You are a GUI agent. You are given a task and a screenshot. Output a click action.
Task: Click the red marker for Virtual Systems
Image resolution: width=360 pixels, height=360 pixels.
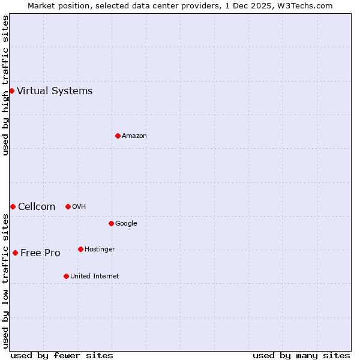[x=11, y=91]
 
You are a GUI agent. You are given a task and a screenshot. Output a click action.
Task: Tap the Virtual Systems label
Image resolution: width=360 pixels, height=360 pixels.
[x=55, y=91]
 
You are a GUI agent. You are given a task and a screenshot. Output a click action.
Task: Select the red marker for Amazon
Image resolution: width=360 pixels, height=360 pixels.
[x=118, y=136]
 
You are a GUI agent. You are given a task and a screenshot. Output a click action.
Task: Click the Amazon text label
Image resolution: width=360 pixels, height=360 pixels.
[x=134, y=136]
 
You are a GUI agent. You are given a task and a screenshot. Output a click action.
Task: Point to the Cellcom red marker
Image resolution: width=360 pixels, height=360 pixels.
[x=13, y=207]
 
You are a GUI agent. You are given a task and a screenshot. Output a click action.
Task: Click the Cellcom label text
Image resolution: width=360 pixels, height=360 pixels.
[x=37, y=207]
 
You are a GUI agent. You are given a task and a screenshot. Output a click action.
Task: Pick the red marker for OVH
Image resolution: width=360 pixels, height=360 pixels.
[x=68, y=207]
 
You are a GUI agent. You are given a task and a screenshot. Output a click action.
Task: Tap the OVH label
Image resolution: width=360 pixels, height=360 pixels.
[x=79, y=207]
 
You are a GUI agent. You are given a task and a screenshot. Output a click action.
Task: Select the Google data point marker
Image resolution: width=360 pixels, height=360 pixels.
[x=111, y=224]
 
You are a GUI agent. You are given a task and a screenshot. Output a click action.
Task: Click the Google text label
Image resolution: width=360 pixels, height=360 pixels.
[x=126, y=224]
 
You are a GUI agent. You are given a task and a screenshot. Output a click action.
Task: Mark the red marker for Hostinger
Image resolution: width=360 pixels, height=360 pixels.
[x=80, y=250]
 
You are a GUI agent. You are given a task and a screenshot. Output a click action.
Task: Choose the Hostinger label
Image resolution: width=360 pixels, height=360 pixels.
[x=100, y=250]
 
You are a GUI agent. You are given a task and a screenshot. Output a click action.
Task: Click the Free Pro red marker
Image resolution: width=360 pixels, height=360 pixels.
[x=15, y=253]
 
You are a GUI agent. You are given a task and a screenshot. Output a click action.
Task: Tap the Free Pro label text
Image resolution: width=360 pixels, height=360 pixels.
[x=40, y=253]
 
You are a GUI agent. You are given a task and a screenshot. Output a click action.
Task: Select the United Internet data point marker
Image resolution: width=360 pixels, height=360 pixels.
[x=66, y=277]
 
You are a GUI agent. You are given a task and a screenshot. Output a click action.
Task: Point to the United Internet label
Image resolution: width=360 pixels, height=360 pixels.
[x=95, y=277]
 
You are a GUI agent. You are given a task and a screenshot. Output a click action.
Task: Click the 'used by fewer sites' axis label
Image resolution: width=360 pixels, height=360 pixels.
[x=62, y=356]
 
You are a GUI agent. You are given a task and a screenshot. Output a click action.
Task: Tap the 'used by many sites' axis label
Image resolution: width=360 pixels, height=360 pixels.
[x=301, y=356]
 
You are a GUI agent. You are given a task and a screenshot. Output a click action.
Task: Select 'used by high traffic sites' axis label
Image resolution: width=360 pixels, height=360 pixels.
[x=5, y=85]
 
